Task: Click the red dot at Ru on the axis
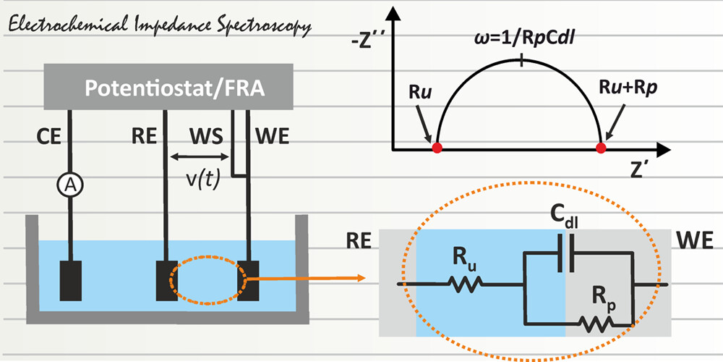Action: pyautogui.click(x=437, y=148)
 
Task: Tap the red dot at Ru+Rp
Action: pyautogui.click(x=600, y=148)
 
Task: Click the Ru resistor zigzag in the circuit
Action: pyautogui.click(x=466, y=285)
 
